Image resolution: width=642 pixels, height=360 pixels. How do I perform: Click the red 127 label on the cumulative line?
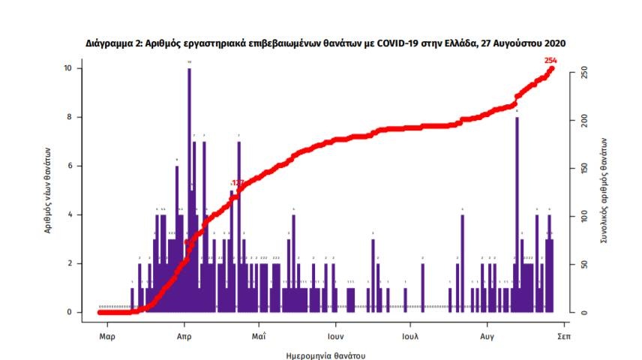coord(238,183)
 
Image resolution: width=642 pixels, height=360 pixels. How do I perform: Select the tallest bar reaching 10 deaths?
coord(189,187)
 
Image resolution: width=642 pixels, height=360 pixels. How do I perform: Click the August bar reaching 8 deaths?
coord(517,214)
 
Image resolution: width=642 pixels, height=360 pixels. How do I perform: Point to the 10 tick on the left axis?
coord(68,68)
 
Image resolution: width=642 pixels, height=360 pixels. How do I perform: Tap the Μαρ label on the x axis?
coord(107,337)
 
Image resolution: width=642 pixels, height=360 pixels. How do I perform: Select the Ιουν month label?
coord(334,337)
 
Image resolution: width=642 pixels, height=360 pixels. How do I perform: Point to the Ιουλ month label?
coord(409,337)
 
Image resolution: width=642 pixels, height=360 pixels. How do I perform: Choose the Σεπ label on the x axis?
coord(564,337)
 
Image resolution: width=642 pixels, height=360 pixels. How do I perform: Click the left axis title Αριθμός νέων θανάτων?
coord(47,190)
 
